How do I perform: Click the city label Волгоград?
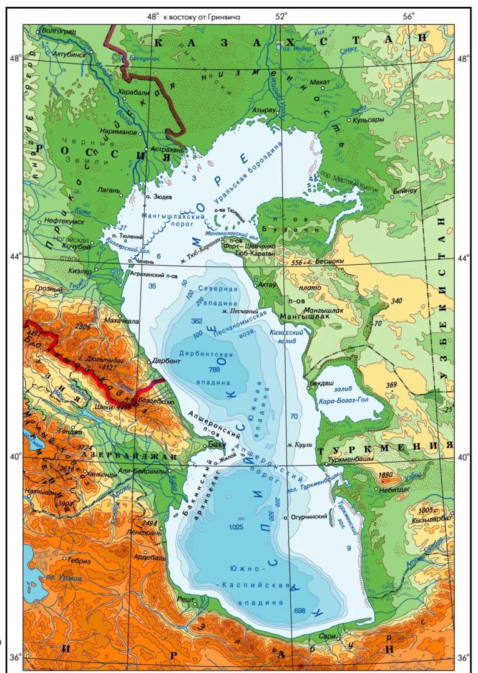pyautogui.click(x=59, y=31)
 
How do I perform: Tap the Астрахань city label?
pyautogui.click(x=164, y=150)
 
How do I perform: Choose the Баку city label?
pyautogui.click(x=216, y=444)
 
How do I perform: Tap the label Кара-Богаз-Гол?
pyautogui.click(x=343, y=401)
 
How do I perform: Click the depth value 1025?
pyautogui.click(x=237, y=527)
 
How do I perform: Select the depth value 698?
pyautogui.click(x=300, y=611)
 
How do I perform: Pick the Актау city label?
pyautogui.click(x=267, y=284)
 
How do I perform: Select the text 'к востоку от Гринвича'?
pyautogui.click(x=202, y=17)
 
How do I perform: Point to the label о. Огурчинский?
pyautogui.click(x=310, y=517)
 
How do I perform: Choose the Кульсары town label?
pyautogui.click(x=368, y=120)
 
